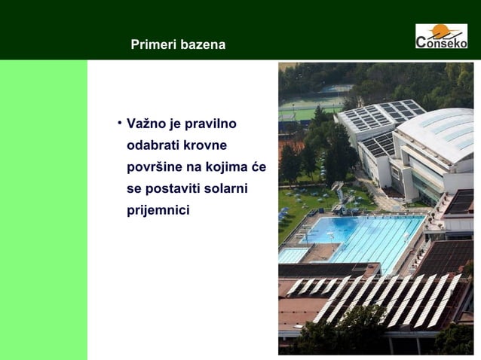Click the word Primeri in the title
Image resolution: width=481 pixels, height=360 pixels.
tap(153, 45)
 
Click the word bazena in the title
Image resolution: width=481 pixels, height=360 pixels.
tap(201, 45)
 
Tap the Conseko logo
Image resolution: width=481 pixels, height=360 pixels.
tap(441, 35)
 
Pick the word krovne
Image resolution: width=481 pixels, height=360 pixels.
tap(206, 145)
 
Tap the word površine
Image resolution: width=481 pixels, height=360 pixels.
tap(153, 166)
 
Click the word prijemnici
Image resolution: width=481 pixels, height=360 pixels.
tap(158, 208)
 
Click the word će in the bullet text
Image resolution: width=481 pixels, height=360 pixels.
tap(259, 166)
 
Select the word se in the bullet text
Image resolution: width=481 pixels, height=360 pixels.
tap(135, 187)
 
